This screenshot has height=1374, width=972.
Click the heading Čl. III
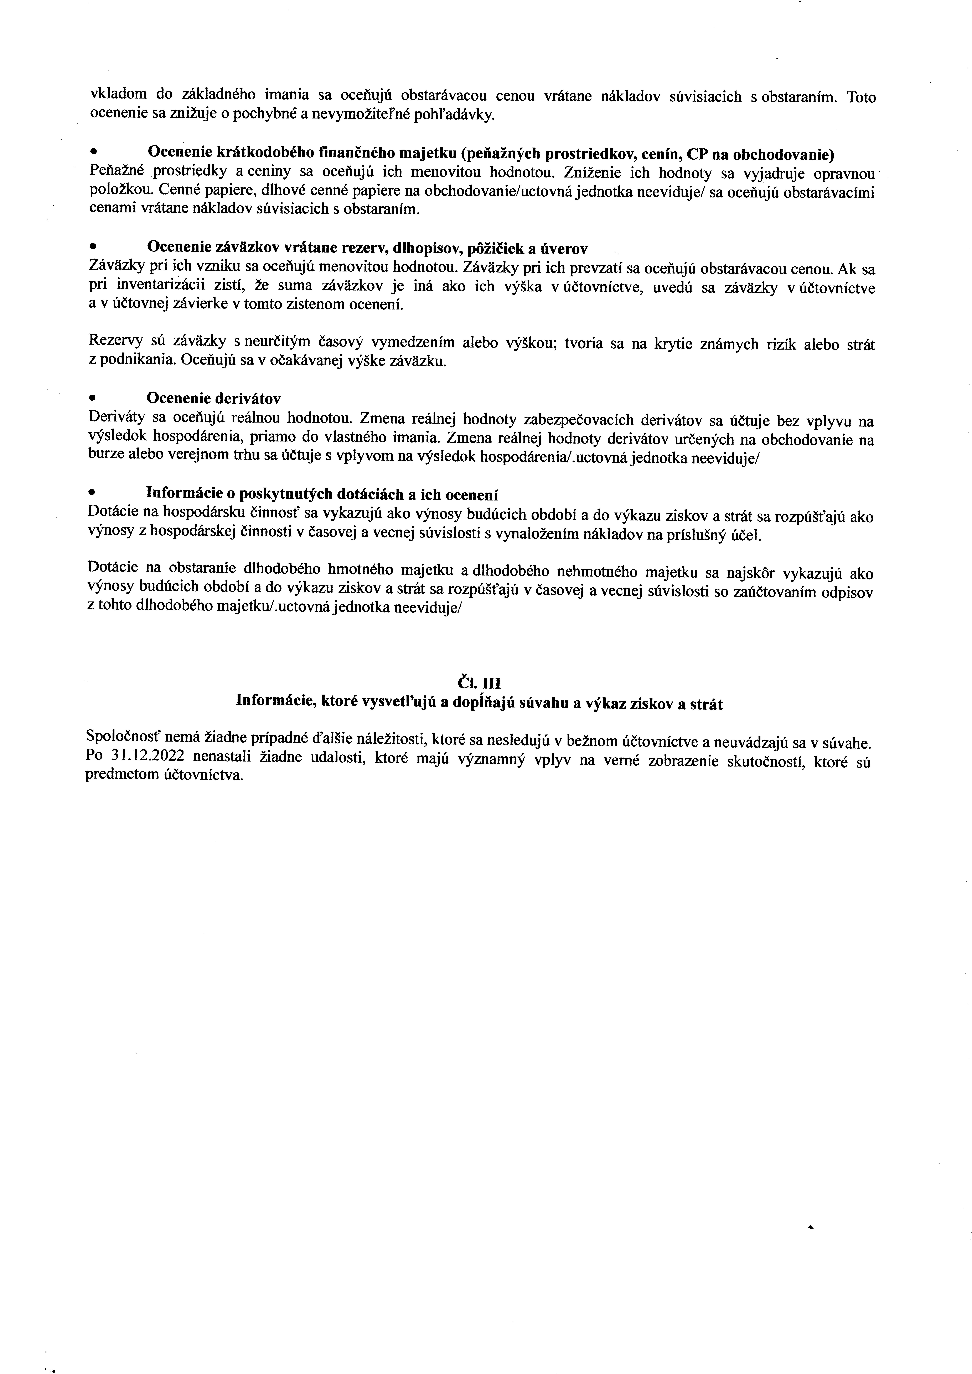click(x=479, y=683)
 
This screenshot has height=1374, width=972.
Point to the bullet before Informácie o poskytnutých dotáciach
click(x=92, y=493)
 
